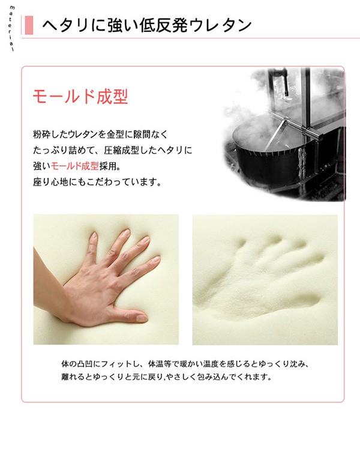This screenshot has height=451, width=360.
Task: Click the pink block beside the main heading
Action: [x=29, y=25]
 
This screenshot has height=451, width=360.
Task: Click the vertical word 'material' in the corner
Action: [x=12, y=28]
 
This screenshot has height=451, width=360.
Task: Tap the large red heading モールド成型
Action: [x=80, y=97]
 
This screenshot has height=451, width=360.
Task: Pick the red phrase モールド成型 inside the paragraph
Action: [x=75, y=166]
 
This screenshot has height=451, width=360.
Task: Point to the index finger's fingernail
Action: [x=155, y=259]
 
